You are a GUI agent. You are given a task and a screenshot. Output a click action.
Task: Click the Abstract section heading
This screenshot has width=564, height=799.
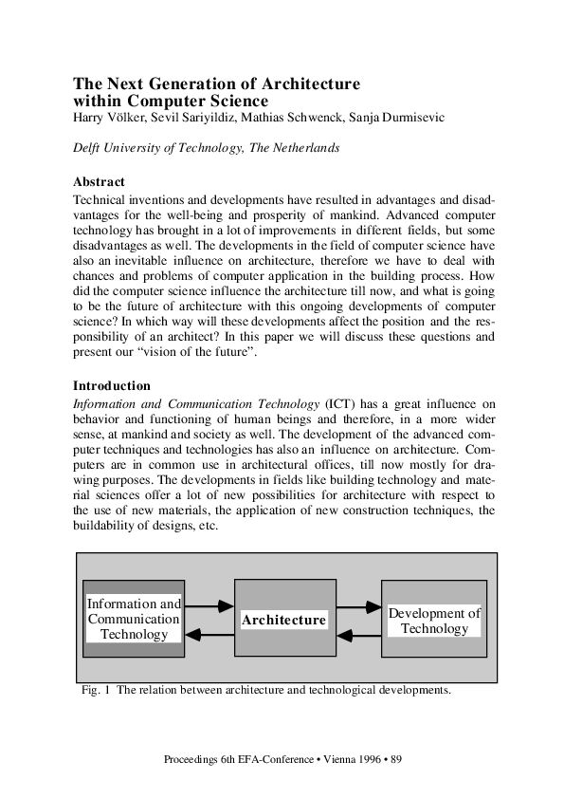pos(99,181)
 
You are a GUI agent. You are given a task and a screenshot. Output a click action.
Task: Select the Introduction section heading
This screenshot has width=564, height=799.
pos(112,386)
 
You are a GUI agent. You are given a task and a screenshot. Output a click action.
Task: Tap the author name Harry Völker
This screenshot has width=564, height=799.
pos(106,117)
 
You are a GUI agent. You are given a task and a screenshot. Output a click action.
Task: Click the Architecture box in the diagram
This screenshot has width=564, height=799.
pos(283,619)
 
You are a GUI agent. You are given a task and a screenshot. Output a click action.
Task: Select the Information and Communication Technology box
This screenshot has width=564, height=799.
pos(134,619)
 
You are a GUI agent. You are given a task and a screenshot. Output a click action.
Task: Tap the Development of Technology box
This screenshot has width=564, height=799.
pos(434,621)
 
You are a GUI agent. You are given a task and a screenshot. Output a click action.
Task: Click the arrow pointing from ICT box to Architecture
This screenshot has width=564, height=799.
pos(209,604)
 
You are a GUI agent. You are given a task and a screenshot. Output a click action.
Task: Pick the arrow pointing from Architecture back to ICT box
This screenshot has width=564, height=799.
pos(209,634)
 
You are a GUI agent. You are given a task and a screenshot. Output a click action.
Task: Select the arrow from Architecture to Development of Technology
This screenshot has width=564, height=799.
pos(358,606)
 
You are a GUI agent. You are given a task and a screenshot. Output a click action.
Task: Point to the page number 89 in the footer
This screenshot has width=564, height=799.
pos(397,760)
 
